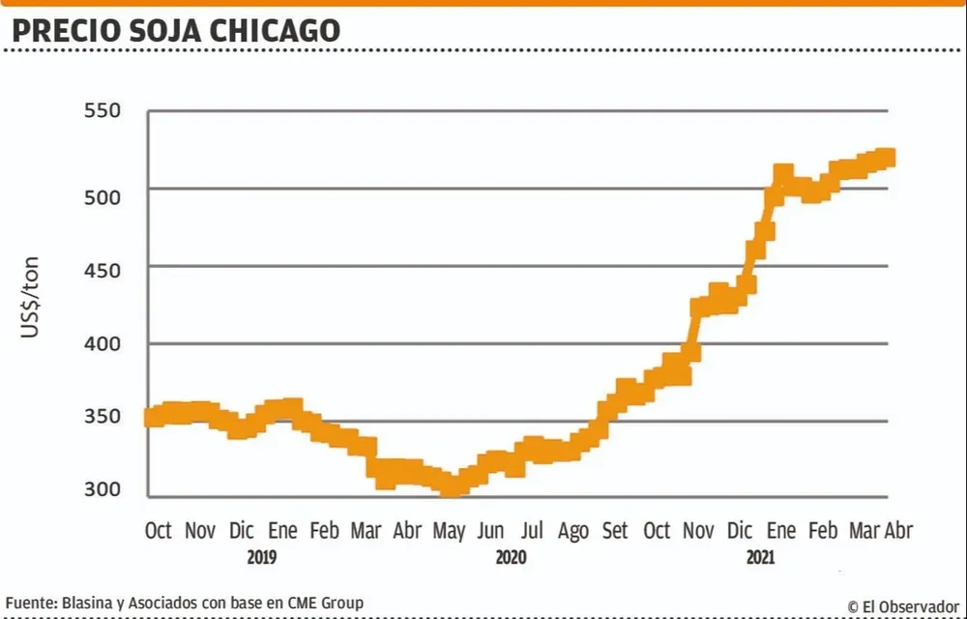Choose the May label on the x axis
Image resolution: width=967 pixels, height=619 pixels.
click(449, 530)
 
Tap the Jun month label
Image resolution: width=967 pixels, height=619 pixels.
click(490, 530)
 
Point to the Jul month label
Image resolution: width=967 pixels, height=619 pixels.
click(532, 530)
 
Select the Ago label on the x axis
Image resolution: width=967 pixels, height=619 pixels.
click(573, 530)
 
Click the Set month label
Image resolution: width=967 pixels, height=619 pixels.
click(615, 530)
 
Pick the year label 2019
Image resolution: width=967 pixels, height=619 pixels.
click(262, 559)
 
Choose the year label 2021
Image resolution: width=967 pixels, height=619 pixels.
click(760, 559)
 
